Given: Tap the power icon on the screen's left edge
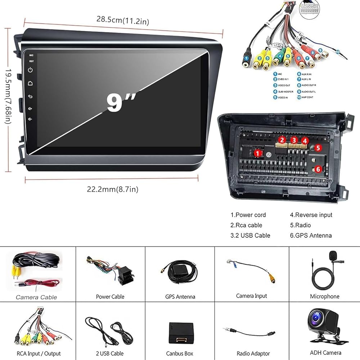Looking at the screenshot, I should pos(31,70).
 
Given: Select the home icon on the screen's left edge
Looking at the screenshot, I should pos(31,83).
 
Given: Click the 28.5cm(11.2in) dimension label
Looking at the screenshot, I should pos(122,21).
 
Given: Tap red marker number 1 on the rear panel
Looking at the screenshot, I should pos(257,153).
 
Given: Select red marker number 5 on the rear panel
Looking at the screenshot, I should pos(318,147).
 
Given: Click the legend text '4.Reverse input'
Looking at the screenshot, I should pos(311,215).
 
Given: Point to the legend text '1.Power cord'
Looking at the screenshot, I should pos(248,215).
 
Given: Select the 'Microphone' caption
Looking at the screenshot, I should pos(324,296).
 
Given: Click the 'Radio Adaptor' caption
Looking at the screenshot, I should pos(252,353).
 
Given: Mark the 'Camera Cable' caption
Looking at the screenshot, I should pos(36,297).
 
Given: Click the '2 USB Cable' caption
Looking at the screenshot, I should pos(109,353).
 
